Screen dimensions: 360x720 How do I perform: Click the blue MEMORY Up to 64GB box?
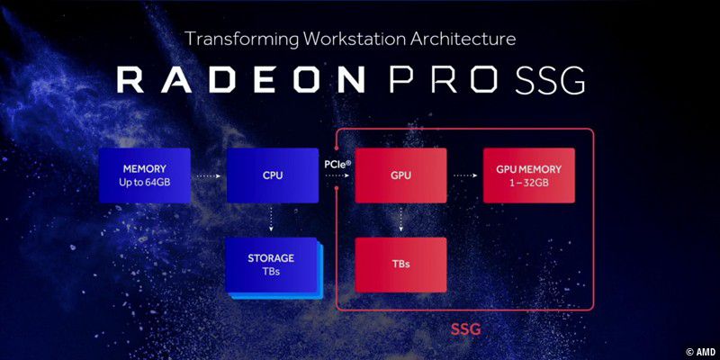point(145,175)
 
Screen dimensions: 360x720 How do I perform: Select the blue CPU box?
point(273,175)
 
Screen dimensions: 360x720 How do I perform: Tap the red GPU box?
point(401,175)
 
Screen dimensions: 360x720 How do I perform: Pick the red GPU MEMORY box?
point(528,175)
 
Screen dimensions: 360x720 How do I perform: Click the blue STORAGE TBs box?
point(272,265)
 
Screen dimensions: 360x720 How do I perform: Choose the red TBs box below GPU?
point(401,265)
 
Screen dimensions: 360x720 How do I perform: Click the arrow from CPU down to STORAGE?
point(273,220)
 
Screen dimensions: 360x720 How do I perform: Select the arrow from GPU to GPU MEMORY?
point(464,175)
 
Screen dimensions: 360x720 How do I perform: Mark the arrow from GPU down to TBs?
point(401,220)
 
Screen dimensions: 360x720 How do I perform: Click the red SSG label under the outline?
point(465,330)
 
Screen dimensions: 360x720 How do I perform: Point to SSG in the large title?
point(550,79)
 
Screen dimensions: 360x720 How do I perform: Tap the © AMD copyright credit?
point(699,351)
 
